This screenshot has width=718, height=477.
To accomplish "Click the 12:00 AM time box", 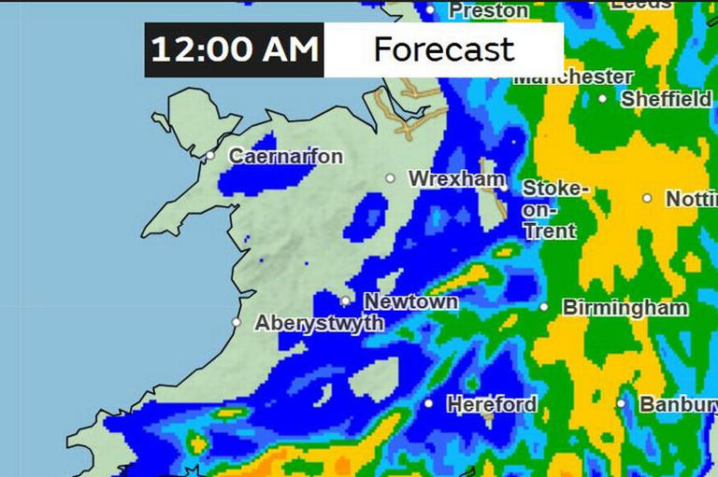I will point(234,49).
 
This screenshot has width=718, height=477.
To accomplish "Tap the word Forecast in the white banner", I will point(443,49).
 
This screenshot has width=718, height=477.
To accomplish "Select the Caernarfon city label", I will point(285,157).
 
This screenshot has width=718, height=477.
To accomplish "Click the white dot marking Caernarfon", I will point(212,156).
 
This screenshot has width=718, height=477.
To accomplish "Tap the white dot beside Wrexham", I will point(391,177).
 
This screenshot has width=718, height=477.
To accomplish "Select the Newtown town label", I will point(410,302).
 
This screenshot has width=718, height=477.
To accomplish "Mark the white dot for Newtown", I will point(346,301).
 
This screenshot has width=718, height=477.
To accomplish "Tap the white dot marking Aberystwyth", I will point(237,322).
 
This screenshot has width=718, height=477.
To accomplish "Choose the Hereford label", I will point(491,404).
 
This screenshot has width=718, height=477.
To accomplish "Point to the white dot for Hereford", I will point(428,403).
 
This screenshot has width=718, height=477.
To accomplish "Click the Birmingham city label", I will point(625,307).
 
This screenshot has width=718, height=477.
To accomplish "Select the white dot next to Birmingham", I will point(544,306).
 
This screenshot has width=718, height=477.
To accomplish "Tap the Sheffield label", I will point(666,98).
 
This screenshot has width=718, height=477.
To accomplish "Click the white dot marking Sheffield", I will point(603,97).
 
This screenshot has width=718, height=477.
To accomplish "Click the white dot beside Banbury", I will point(622,403).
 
